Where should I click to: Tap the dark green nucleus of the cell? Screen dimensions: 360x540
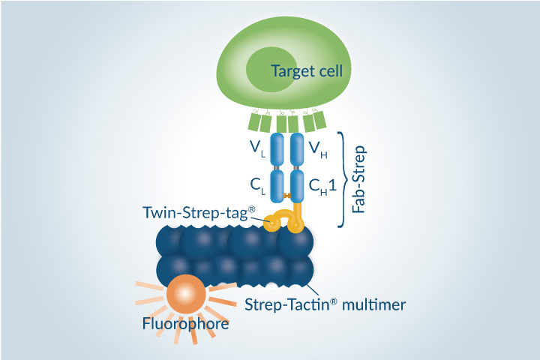click(270, 71)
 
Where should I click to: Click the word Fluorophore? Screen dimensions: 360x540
click(184, 324)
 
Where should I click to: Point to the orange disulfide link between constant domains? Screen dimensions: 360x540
click(288, 196)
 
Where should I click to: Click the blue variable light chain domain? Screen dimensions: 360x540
click(277, 149)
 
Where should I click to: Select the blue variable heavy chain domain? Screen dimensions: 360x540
click(296, 149)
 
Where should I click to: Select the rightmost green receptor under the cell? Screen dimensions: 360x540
click(319, 118)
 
